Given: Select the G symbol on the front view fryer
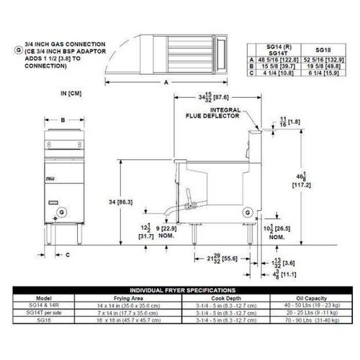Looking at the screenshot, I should [x=63, y=212].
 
